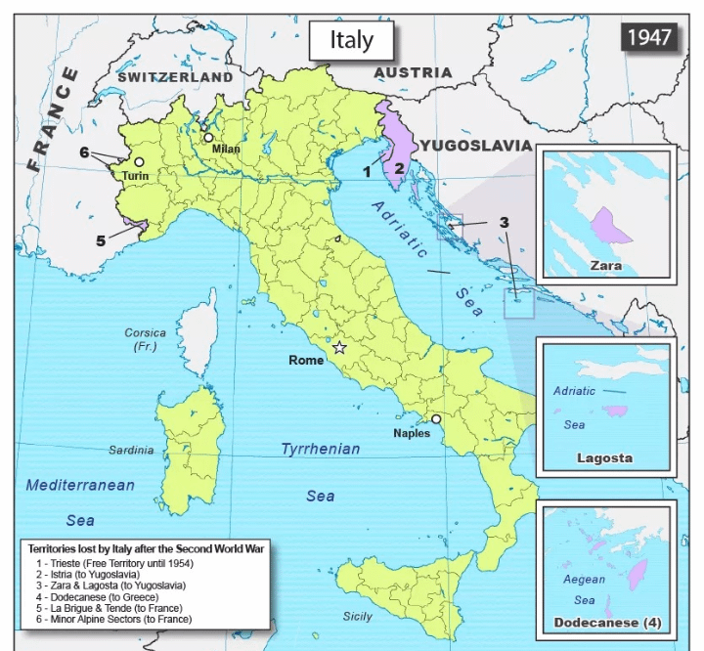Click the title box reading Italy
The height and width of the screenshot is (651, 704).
coord(351,40)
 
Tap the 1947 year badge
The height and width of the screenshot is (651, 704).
coord(649,36)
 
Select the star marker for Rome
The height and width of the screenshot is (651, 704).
coord(339,347)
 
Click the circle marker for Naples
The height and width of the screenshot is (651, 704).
coord(436,419)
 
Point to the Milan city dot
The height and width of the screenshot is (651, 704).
coord(208,138)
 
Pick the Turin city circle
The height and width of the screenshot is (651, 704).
coord(139,162)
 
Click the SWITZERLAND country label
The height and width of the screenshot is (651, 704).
coord(175,76)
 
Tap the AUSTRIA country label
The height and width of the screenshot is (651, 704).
coord(413,72)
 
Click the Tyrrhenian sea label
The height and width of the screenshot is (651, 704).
coord(321,449)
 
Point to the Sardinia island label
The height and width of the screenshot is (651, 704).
coord(131,451)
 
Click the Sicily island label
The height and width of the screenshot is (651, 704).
coord(357,616)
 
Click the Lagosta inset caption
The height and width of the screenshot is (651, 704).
coord(604,457)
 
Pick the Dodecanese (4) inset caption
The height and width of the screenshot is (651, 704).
coord(607,623)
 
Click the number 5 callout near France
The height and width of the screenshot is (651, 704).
coord(101,240)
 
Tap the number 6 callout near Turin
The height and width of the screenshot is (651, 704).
coord(85,152)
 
